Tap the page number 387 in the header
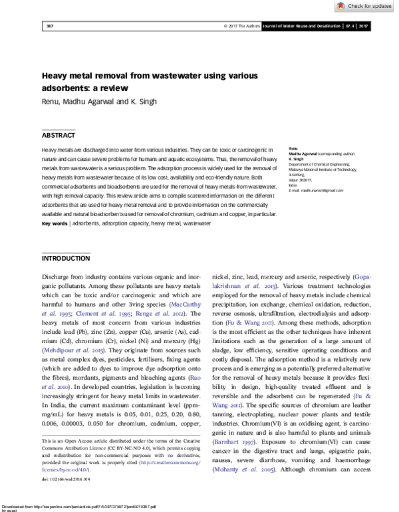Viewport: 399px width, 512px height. pyautogui.click(x=49, y=27)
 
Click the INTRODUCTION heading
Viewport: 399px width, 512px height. pyautogui.click(x=66, y=258)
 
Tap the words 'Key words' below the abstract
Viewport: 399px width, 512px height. pyautogui.click(x=55, y=224)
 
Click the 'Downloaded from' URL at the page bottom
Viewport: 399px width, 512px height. pyautogui.click(x=86, y=506)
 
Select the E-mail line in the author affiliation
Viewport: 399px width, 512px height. pyautogui.click(x=316, y=191)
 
